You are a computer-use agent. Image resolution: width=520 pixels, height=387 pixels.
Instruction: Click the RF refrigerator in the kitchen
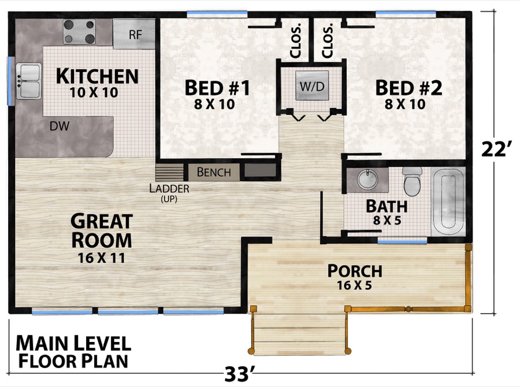tap(134, 34)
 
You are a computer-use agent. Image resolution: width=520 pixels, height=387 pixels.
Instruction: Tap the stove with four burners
tap(79, 32)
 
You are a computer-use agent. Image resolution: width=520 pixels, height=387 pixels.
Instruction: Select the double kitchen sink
tap(29, 80)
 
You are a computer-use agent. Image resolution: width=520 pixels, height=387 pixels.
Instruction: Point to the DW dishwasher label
tap(57, 126)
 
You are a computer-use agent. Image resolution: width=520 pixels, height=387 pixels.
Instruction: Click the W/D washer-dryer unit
tap(312, 87)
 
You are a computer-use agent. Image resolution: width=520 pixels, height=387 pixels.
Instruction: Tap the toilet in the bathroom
tap(413, 180)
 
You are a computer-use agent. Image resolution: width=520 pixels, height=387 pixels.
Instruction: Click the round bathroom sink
tap(366, 180)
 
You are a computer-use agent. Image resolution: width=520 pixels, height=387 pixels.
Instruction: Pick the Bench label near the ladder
tap(214, 172)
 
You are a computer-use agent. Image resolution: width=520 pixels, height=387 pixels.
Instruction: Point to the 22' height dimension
tap(496, 150)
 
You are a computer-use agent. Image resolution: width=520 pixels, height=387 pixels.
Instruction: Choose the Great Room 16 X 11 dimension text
tap(101, 258)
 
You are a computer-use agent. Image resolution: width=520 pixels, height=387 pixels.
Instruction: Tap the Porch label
tap(354, 270)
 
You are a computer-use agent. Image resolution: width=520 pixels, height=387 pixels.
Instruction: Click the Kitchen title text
tap(96, 76)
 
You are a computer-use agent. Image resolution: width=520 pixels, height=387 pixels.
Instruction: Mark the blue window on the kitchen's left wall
tap(10, 80)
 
